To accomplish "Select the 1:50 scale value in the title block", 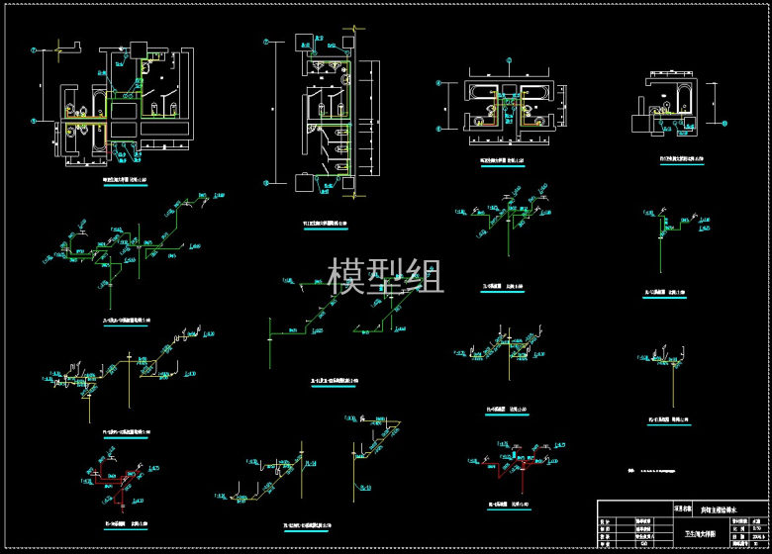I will [x=755, y=525].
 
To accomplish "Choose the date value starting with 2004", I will [x=755, y=534].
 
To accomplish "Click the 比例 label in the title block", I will [x=734, y=525].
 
